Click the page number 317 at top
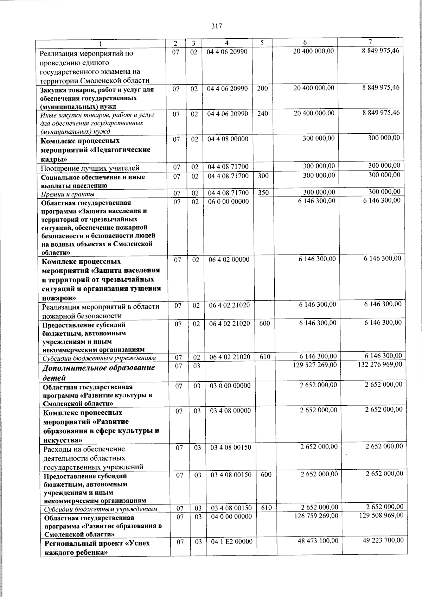[217, 26]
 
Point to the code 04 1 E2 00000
[232, 542]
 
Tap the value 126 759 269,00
[316, 515]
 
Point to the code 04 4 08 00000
[228, 139]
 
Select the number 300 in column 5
[263, 175]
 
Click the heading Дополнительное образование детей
[98, 373]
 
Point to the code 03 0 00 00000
[230, 386]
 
